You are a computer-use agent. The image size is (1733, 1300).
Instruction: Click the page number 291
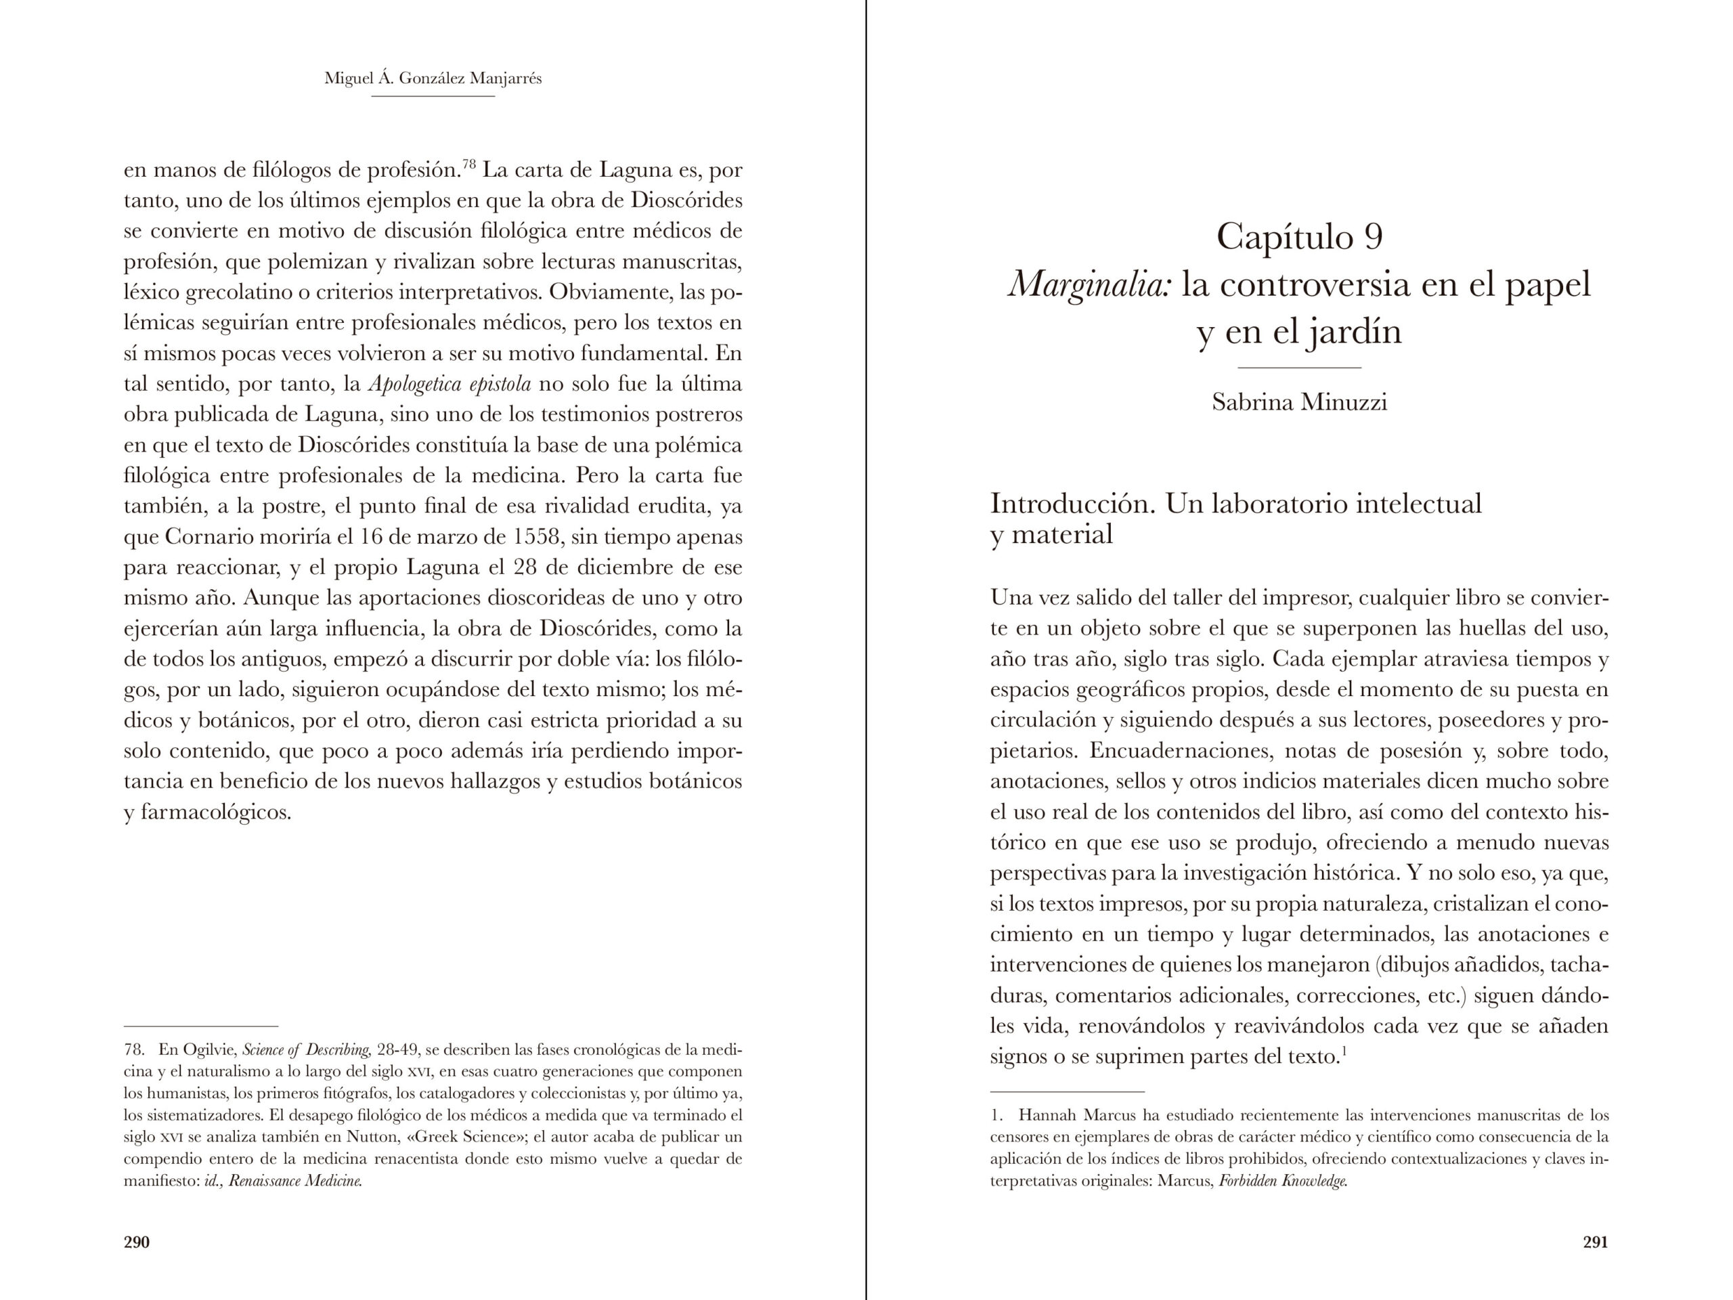pyautogui.click(x=1595, y=1242)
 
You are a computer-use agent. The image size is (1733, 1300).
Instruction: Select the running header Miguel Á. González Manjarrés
pyautogui.click(x=433, y=79)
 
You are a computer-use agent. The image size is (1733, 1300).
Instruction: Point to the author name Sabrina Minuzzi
pyautogui.click(x=1299, y=402)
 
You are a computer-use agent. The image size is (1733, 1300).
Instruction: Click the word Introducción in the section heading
pyautogui.click(x=1072, y=503)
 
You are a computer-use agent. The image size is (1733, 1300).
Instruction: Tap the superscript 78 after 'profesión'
pyautogui.click(x=469, y=165)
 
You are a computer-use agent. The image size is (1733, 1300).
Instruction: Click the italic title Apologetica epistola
pyautogui.click(x=449, y=385)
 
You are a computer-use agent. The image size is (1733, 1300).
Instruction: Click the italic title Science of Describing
pyautogui.click(x=307, y=1049)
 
